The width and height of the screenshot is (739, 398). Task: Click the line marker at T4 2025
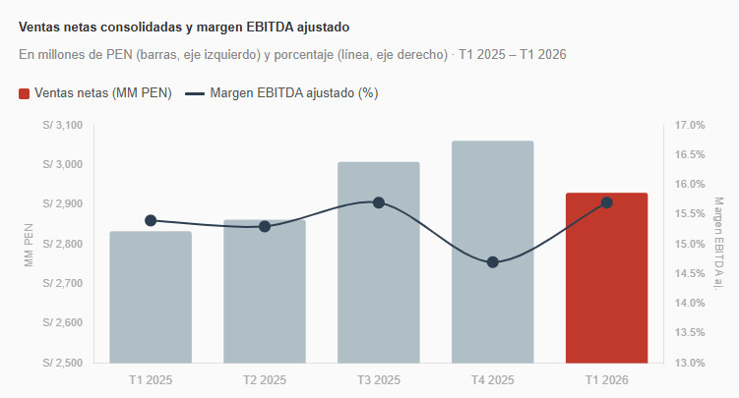(x=493, y=262)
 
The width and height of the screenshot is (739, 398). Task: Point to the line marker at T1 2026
(x=606, y=202)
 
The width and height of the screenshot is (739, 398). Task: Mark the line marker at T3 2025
(x=379, y=202)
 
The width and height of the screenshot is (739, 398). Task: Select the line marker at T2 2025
(x=265, y=226)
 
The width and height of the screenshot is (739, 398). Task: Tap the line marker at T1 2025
(x=151, y=220)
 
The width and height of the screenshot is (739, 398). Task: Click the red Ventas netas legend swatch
(x=25, y=93)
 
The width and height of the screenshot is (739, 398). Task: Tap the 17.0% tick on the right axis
(x=690, y=126)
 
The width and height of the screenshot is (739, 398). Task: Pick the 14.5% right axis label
(x=690, y=273)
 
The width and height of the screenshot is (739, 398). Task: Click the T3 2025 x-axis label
(x=378, y=379)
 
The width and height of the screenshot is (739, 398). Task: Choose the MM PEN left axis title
(x=29, y=245)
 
